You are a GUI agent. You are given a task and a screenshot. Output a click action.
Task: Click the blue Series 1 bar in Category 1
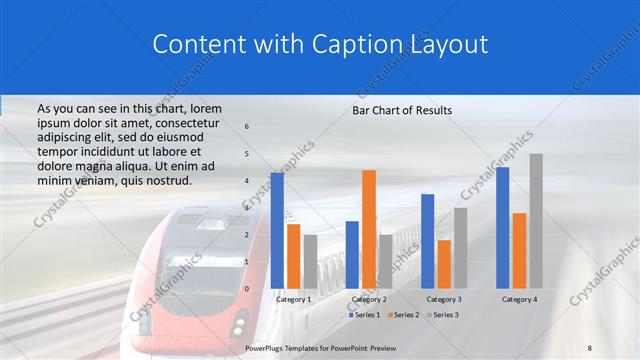pyautogui.click(x=277, y=231)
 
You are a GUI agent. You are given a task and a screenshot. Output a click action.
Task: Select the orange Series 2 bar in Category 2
pyautogui.click(x=369, y=229)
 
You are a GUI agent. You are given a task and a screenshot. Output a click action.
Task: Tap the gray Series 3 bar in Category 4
pyautogui.click(x=536, y=221)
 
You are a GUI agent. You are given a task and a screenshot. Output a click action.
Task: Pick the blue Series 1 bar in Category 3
pyautogui.click(x=428, y=241)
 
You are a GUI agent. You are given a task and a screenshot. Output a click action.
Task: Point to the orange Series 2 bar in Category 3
pyautogui.click(x=444, y=264)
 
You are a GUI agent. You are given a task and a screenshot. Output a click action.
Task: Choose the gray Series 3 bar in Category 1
pyautogui.click(x=310, y=261)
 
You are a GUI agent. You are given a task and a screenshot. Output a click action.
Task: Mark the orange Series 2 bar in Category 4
pyautogui.click(x=519, y=250)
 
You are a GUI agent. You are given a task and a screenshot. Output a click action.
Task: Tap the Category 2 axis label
pyautogui.click(x=369, y=299)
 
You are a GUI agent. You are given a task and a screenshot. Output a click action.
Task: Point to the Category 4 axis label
pyautogui.click(x=519, y=299)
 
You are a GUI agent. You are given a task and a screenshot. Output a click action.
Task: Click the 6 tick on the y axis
pyautogui.click(x=247, y=127)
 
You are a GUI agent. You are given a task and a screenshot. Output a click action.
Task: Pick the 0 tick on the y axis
pyautogui.click(x=247, y=289)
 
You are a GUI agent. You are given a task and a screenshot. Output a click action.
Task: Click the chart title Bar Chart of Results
pyautogui.click(x=402, y=110)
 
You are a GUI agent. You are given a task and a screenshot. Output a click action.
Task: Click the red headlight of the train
pyautogui.click(x=239, y=327)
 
